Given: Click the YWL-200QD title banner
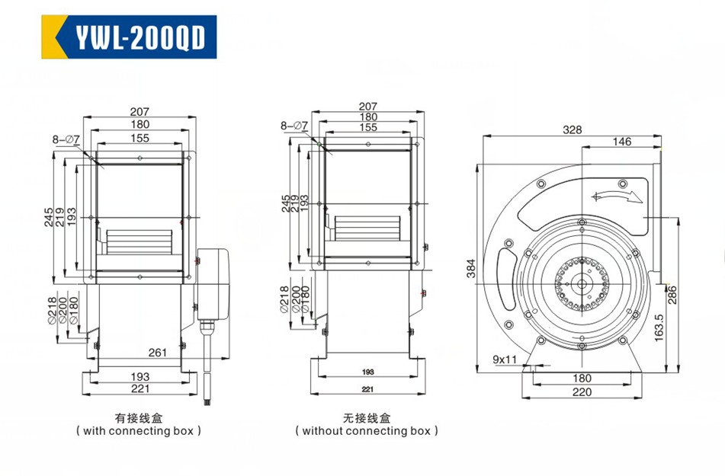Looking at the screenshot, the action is [x=129, y=37].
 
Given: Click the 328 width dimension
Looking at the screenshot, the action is [x=572, y=130].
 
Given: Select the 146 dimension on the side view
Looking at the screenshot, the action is [x=621, y=142].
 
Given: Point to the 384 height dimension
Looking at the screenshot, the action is [x=470, y=268].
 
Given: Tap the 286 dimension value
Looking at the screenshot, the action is [x=672, y=295].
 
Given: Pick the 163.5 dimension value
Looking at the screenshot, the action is [x=659, y=327].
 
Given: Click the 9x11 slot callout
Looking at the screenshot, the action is [x=505, y=359].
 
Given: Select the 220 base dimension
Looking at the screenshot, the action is [x=582, y=392].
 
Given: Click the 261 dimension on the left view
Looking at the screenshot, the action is [x=158, y=352].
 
